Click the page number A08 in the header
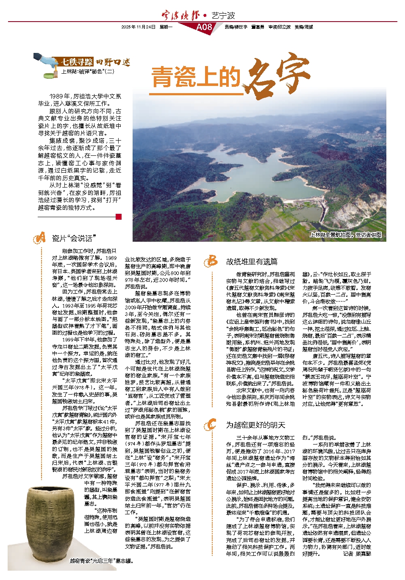tap(204, 27)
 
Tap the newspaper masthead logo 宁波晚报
tap(180, 16)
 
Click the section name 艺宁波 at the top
tap(223, 16)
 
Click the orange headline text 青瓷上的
tap(196, 77)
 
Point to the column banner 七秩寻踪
tap(77, 62)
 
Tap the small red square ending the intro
tap(118, 217)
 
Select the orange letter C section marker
tap(211, 424)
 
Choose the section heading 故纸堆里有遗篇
tap(252, 262)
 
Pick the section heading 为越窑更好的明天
tap(255, 425)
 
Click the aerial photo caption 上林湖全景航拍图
tap(345, 235)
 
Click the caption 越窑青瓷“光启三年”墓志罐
tap(101, 561)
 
